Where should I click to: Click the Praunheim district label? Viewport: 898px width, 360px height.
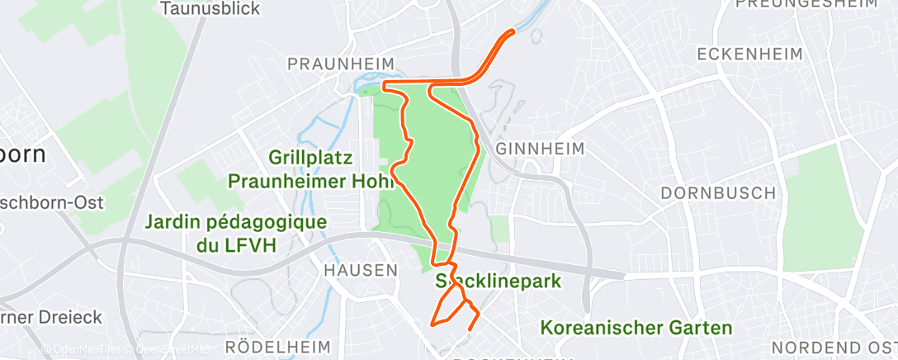[x=340, y=64]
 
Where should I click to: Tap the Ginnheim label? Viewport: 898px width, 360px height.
[x=541, y=149]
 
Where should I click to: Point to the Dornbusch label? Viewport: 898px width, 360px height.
[x=718, y=192]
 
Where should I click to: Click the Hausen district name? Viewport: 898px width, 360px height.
[x=361, y=270]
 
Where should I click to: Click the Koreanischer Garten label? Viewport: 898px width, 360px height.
[x=636, y=328]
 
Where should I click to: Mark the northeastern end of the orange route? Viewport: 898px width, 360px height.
[x=513, y=31]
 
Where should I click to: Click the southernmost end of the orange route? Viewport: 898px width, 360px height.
[x=470, y=329]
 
